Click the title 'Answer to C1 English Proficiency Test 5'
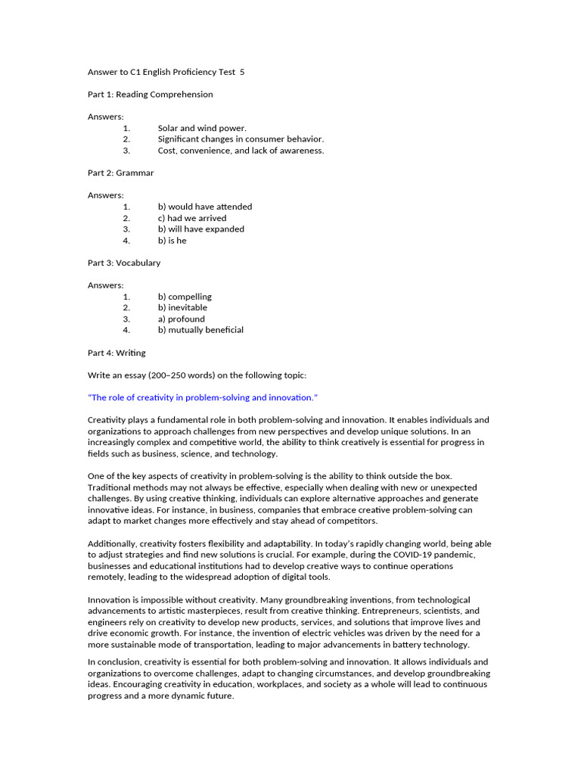pos(166,72)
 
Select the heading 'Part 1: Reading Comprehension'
pos(150,95)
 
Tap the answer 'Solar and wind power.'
pos(202,128)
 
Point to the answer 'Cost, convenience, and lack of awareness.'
pos(241,151)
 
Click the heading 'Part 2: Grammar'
pos(120,173)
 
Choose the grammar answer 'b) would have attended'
pos(205,207)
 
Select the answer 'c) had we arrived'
pos(192,218)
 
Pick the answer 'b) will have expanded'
pos(200,229)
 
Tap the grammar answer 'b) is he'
pos(172,241)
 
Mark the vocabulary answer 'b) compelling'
pos(185,297)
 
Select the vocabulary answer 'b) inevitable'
pos(182,307)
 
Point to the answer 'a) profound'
pos(181,319)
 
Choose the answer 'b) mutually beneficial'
pos(200,330)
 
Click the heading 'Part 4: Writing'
pos(117,353)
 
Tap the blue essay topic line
pos(203,397)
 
